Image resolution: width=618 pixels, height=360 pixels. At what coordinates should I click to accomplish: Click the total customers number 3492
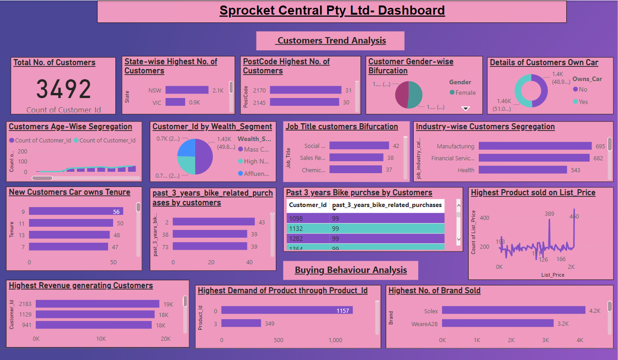tap(64, 89)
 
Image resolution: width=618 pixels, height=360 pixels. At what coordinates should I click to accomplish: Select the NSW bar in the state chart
tap(187, 90)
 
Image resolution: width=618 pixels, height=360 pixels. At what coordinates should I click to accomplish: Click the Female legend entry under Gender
tap(465, 93)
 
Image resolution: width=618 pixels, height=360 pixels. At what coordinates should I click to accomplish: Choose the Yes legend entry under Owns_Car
tap(583, 102)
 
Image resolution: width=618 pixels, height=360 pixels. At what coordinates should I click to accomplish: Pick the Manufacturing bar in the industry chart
tap(535, 146)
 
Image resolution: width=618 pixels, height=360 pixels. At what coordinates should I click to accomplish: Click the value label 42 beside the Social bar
tap(396, 146)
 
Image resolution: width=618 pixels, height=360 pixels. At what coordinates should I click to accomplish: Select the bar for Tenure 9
tap(76, 212)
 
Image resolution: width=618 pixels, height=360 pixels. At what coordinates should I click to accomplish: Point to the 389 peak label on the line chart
tap(549, 214)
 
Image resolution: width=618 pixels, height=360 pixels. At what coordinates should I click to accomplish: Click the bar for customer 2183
tap(97, 304)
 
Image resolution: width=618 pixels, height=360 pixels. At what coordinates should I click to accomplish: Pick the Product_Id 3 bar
tap(241, 324)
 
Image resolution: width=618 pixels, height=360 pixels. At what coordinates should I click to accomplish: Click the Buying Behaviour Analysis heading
tap(350, 270)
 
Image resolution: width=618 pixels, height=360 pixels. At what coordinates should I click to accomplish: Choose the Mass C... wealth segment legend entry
tap(257, 149)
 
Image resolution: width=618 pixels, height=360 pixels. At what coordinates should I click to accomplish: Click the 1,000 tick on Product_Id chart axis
tap(335, 340)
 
